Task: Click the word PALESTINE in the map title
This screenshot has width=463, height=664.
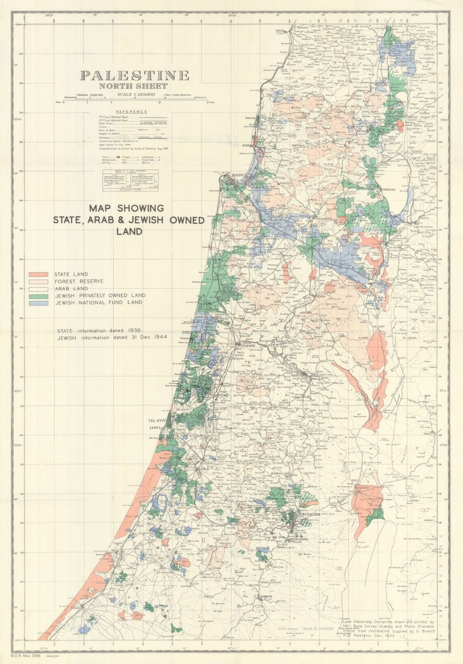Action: point(134,76)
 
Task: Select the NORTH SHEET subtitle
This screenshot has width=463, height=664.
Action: point(134,86)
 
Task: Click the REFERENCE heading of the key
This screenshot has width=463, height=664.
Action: point(132,112)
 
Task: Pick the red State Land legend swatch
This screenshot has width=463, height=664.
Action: point(38,274)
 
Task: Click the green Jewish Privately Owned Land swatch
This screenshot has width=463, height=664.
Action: point(38,295)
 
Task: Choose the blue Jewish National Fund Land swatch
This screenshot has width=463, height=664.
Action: point(38,302)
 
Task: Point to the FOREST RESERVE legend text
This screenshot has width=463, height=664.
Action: point(79,281)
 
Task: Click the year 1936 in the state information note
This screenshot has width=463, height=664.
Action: point(132,331)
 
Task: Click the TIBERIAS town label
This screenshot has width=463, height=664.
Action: point(387,189)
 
